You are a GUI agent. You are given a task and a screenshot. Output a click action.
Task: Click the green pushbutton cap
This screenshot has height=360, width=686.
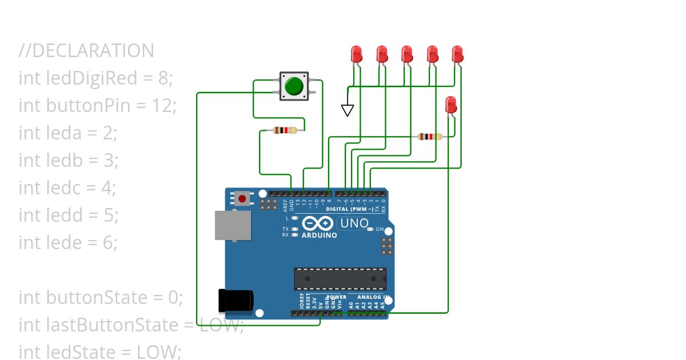294,86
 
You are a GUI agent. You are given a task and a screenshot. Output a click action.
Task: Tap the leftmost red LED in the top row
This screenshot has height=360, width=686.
356,54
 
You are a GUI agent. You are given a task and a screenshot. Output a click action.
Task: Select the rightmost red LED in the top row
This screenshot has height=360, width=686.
457,54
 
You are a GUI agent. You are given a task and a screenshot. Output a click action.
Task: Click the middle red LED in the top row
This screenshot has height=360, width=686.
406,54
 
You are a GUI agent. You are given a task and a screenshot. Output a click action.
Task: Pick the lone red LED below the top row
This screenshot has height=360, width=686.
451,105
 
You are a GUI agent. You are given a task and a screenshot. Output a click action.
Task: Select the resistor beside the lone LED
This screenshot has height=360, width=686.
429,137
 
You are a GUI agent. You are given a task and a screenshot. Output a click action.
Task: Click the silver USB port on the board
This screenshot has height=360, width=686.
233,225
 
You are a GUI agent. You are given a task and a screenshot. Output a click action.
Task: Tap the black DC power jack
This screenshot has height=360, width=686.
236,301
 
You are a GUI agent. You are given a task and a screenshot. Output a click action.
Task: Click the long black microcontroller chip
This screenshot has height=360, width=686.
340,278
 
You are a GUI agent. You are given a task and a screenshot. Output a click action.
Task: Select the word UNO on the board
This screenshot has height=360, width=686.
354,223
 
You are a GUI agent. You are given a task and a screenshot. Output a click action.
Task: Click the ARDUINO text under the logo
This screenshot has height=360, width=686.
318,235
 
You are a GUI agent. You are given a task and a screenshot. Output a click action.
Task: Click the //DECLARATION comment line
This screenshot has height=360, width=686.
86,51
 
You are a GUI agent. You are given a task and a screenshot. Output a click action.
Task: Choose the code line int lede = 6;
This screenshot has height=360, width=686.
68,243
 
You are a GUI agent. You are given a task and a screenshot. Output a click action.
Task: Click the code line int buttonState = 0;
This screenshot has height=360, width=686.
101,298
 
